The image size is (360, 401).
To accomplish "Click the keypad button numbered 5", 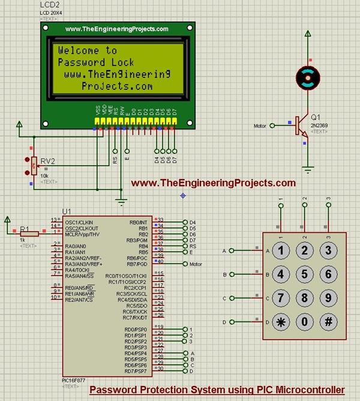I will click(305, 274).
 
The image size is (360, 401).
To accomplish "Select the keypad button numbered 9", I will click(328, 297).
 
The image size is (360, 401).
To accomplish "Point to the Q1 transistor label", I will click(316, 117).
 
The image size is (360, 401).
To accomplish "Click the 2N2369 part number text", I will click(319, 125).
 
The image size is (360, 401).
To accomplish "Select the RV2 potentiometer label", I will click(47, 161).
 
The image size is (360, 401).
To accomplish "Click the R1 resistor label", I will click(24, 228).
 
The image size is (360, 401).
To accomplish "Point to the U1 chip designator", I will click(67, 212).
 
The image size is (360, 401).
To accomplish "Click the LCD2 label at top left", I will click(50, 5).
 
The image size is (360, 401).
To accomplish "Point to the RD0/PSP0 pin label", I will click(136, 330).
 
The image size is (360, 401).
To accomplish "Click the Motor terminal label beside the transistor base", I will click(259, 126).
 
